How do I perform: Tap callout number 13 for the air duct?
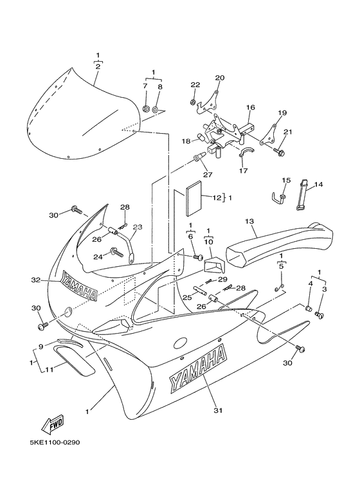(249, 221)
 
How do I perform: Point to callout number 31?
(218, 410)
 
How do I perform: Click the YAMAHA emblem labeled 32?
(79, 285)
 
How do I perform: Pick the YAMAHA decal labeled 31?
(198, 368)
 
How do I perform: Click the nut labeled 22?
(192, 102)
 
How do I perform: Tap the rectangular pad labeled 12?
(194, 199)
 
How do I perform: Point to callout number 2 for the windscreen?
(98, 67)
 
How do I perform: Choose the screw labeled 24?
(117, 253)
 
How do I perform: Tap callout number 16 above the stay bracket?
(250, 107)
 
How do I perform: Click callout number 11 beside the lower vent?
(50, 369)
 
